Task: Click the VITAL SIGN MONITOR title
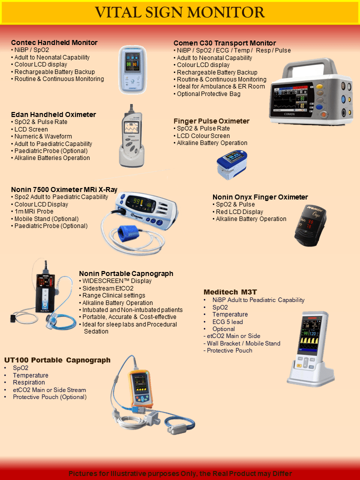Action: (x=180, y=12)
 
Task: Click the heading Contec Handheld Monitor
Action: (x=54, y=42)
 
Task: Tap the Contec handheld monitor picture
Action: (x=132, y=69)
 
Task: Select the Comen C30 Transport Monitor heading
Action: (x=224, y=43)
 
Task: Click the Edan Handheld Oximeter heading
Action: (x=53, y=114)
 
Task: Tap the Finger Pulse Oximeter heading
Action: (x=211, y=121)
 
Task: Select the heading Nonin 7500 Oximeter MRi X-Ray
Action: (x=64, y=189)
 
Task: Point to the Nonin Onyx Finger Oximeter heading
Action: (x=260, y=197)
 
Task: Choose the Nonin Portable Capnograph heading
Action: (x=126, y=273)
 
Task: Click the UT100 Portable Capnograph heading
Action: (x=57, y=360)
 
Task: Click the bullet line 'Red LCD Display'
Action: (x=239, y=211)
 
